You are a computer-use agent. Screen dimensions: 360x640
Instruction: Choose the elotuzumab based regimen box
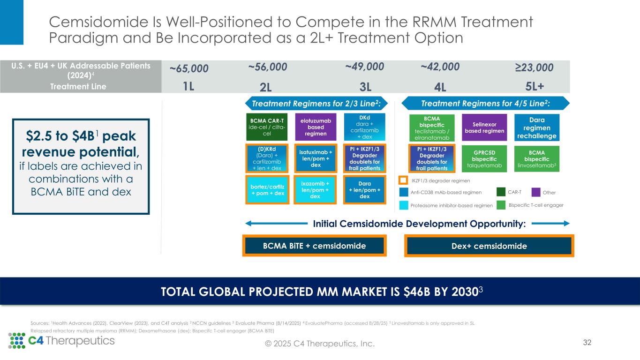[x=316, y=127]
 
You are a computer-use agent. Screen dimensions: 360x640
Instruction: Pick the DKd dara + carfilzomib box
[x=364, y=126]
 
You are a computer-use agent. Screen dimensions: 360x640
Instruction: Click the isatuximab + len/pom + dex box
[x=316, y=158]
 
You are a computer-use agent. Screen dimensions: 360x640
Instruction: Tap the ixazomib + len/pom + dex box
[x=316, y=190]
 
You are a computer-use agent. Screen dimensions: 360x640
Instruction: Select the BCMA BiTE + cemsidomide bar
[x=314, y=246]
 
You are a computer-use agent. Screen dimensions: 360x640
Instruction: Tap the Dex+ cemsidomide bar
[x=489, y=246]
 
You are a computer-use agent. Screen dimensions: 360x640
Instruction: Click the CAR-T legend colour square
[x=501, y=192]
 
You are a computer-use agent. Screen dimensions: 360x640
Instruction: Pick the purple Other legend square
[x=536, y=192]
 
